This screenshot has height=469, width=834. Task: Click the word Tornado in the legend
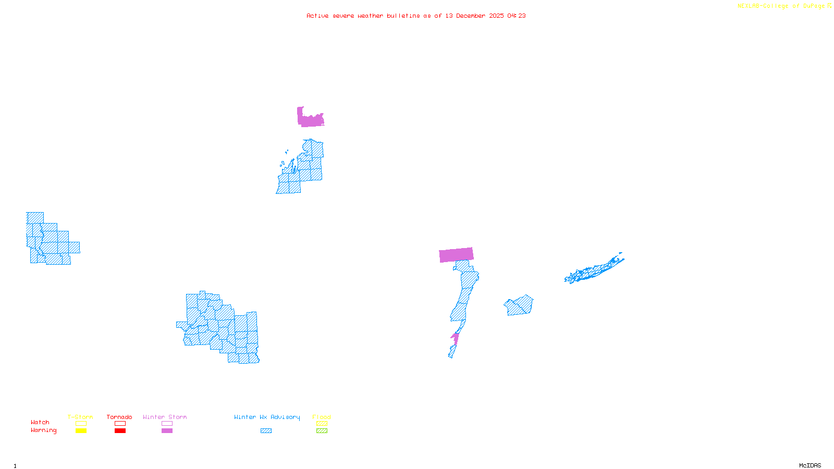point(119,417)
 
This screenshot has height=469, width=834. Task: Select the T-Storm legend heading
point(80,417)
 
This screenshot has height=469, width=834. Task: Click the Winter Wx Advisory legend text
point(267,417)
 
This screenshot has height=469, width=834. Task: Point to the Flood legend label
point(322,417)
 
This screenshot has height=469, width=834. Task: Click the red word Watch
point(40,422)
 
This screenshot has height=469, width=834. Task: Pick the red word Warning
point(44,430)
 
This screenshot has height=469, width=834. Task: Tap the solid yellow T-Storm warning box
point(81,431)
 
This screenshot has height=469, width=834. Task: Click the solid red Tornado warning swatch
point(120,431)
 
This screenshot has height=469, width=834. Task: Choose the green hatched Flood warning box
point(322,431)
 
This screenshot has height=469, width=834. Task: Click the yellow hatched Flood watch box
point(322,424)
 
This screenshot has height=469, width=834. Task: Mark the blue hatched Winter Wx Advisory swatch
point(266,431)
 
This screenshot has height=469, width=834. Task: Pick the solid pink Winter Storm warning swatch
point(167,431)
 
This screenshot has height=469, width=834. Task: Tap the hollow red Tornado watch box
point(120,424)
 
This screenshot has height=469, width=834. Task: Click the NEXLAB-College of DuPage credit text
point(781,6)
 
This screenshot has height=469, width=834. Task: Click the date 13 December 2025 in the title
point(474,16)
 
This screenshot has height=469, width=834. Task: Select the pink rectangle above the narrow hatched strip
point(456,255)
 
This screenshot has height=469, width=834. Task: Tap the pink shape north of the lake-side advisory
point(310,119)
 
